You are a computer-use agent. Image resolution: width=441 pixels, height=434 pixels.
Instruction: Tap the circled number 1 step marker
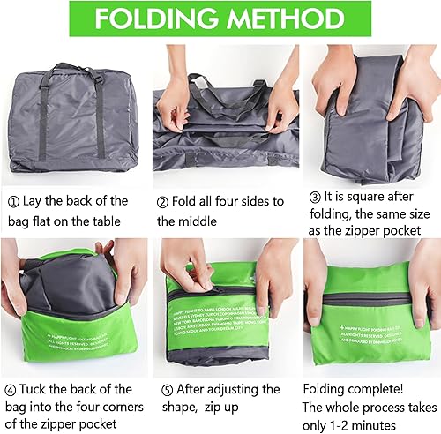click(x=12, y=201)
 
